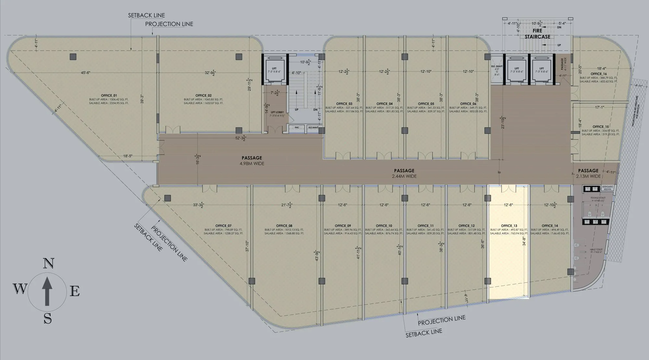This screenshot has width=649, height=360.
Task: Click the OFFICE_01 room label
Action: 109,95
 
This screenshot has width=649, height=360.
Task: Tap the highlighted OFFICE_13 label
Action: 509,226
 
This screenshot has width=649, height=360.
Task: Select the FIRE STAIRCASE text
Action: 537,34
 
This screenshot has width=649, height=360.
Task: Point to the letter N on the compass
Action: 48,263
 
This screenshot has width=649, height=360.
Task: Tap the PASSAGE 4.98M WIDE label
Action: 252,161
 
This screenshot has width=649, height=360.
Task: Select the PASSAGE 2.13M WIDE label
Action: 588,173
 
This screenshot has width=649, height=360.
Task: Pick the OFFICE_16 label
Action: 597,74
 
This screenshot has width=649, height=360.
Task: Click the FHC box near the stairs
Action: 297,128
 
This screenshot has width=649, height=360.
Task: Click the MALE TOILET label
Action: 596,250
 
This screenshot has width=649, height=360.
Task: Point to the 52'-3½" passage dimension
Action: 240,138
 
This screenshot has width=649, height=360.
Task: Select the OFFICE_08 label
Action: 284,226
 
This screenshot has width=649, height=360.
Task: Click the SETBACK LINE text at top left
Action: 146,15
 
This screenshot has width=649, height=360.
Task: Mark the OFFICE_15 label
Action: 600,127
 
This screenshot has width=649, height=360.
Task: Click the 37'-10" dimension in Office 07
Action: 247,246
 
